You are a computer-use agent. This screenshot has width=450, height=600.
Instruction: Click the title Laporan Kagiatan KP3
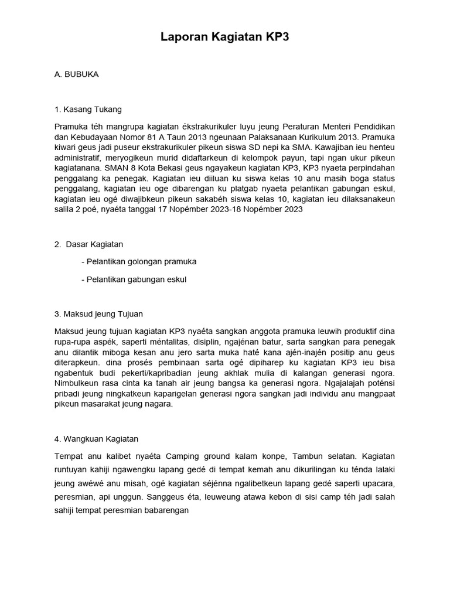pos(225,37)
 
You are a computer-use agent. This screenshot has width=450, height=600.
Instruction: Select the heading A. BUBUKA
pos(76,74)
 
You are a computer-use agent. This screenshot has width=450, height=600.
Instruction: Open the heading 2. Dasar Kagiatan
pos(88,244)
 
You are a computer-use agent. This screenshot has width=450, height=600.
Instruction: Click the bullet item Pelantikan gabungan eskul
pos(134,279)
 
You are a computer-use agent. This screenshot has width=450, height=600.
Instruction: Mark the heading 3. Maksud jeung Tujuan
pos(98,313)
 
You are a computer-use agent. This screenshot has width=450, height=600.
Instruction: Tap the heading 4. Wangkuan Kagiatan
pos(96,438)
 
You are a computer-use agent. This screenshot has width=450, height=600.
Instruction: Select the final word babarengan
pos(173,510)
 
